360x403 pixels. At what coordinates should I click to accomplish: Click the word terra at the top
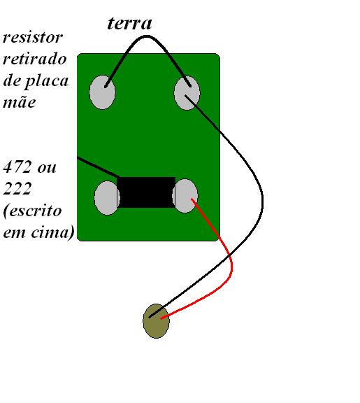(129, 23)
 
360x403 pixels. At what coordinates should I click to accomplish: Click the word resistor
(33, 38)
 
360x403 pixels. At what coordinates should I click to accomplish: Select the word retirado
(35, 59)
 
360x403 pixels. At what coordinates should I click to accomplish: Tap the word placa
(47, 82)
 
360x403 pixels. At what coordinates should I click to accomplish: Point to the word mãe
(19, 101)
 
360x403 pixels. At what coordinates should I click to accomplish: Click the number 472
(17, 167)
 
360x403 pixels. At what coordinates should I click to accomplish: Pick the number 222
(17, 188)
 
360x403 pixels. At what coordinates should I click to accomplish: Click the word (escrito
(32, 211)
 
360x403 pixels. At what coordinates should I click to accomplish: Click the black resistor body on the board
(146, 192)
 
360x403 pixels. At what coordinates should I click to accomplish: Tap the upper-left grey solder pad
(103, 92)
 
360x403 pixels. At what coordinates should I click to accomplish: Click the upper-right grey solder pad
(187, 93)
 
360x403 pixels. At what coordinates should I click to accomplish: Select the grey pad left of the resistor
(106, 198)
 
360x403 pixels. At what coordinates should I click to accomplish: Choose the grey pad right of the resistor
(185, 196)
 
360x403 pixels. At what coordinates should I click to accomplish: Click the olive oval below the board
(156, 321)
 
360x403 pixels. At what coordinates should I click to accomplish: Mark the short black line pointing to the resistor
(98, 167)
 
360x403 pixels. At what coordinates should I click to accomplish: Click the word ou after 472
(47, 168)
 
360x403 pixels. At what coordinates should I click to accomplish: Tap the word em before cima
(15, 233)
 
